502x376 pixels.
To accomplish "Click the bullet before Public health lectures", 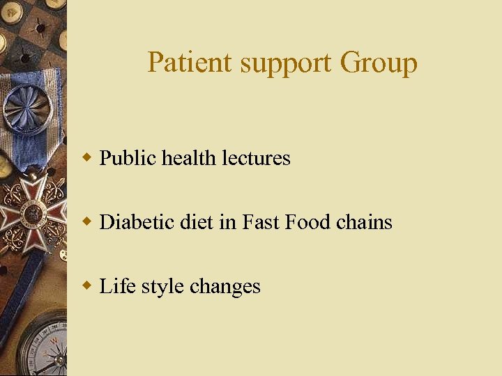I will tap(87, 157).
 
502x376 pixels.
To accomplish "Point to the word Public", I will tap(128, 159).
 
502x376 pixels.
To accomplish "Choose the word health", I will tap(189, 159).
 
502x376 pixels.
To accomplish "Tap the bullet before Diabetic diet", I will tap(87, 221).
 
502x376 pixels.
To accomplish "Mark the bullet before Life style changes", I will tap(87, 285).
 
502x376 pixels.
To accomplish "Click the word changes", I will tap(225, 287).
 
